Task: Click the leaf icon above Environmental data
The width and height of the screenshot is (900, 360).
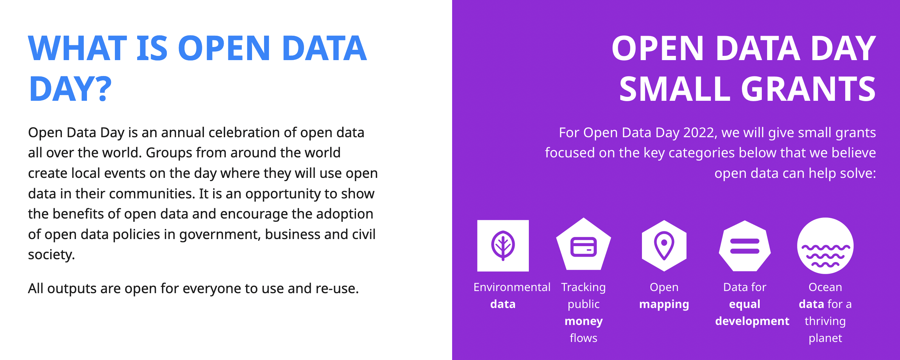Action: pyautogui.click(x=503, y=246)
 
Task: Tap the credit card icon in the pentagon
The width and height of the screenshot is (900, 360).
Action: pyautogui.click(x=584, y=246)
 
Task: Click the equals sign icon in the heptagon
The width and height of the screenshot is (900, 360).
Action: pyautogui.click(x=745, y=246)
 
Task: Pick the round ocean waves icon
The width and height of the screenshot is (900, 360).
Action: pyautogui.click(x=825, y=246)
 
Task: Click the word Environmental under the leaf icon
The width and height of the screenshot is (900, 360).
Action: pyautogui.click(x=512, y=287)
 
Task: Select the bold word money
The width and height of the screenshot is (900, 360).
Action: pyautogui.click(x=584, y=321)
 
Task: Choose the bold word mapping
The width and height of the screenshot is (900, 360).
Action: pyautogui.click(x=664, y=304)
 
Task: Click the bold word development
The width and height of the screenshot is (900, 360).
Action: pyautogui.click(x=752, y=321)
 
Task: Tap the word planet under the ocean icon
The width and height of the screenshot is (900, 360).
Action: pyautogui.click(x=825, y=338)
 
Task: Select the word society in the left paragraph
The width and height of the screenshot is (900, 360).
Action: pyautogui.click(x=50, y=255)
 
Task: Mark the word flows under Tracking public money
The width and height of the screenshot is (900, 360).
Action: pyautogui.click(x=584, y=338)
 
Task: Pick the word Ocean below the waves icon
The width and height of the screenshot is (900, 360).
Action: pyautogui.click(x=825, y=287)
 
